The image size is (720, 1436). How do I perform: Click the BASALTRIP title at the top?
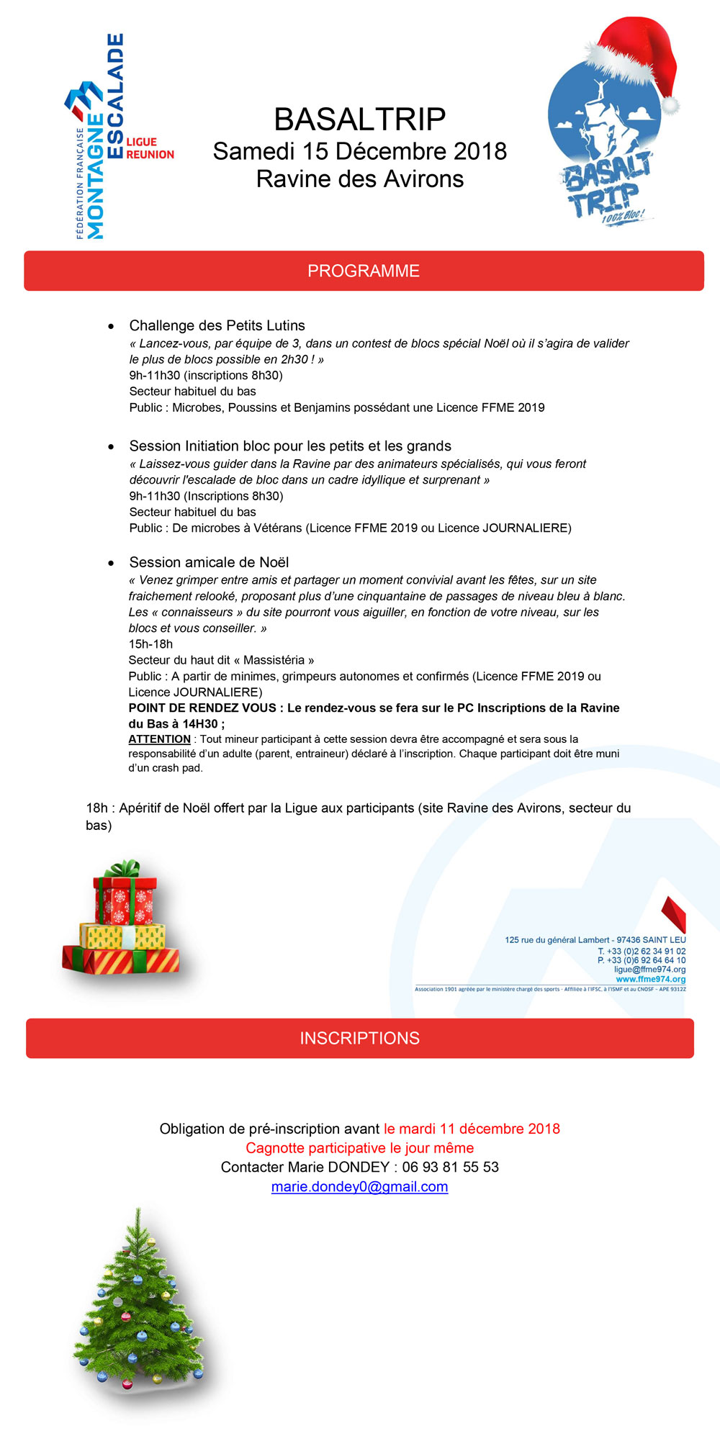[360, 119]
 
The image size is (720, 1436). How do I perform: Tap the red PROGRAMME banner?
[364, 271]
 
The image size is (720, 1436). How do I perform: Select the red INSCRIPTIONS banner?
[360, 1038]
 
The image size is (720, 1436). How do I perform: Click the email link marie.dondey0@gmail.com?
[359, 1186]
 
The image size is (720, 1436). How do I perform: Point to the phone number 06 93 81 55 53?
[450, 1167]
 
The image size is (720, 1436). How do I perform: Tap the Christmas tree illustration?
[137, 1303]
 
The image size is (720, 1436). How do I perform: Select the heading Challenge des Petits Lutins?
[217, 325]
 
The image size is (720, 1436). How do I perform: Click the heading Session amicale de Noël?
[209, 562]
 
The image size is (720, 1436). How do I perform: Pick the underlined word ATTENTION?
[159, 739]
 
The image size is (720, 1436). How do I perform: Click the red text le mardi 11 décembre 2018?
[472, 1129]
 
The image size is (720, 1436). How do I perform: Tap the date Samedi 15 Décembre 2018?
[360, 151]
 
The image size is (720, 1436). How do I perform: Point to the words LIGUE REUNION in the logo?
[150, 148]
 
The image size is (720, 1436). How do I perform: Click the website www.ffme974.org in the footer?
[650, 979]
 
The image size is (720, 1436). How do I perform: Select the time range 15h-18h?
[150, 644]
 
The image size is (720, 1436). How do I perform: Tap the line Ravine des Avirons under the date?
[360, 179]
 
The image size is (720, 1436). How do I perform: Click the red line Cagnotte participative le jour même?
[360, 1148]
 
